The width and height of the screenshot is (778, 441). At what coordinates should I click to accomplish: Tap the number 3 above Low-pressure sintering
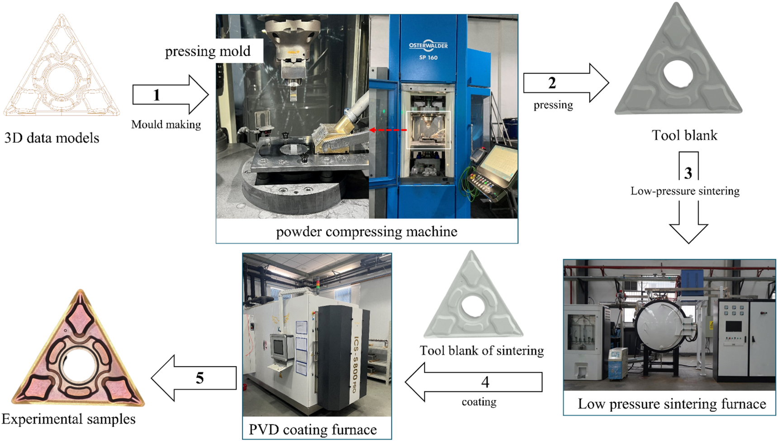688,173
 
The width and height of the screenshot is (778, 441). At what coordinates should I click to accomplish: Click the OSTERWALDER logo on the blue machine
428,46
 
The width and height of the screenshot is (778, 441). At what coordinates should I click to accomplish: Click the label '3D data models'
52,138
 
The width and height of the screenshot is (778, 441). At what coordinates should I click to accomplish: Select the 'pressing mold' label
208,51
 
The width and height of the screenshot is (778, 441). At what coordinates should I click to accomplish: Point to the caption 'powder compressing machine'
366,232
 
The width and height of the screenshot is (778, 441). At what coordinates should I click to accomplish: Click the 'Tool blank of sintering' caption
481,350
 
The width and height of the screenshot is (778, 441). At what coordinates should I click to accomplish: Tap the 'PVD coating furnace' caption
313,429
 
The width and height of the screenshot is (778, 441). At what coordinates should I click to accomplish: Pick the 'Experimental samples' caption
68,419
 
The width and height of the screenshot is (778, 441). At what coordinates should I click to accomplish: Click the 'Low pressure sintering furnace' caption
672,404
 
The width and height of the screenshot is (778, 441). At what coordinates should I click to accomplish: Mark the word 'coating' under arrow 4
479,402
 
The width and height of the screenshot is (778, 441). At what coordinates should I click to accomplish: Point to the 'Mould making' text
166,125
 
